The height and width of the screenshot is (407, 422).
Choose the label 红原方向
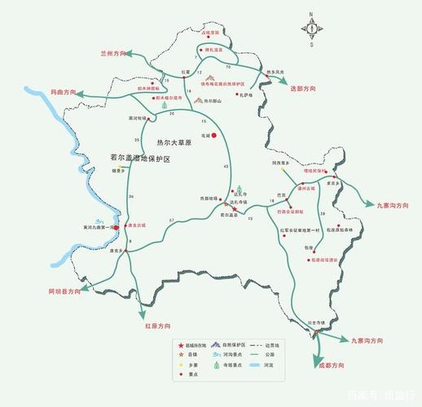click(156, 326)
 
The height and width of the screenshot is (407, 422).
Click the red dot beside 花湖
click(213, 135)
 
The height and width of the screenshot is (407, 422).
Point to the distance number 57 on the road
click(171, 222)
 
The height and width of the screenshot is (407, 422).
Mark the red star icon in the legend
click(181, 345)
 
